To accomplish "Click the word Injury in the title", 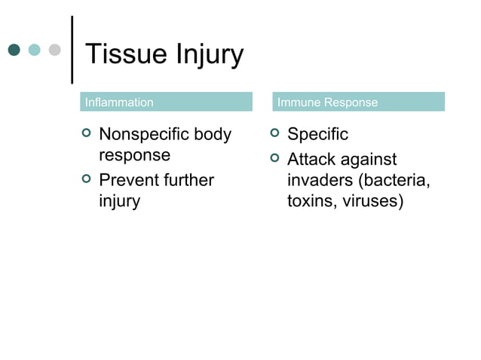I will click(208, 55).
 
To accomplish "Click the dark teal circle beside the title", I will click(14, 50).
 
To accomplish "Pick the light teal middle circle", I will click(34, 50).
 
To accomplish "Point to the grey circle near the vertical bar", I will click(54, 50).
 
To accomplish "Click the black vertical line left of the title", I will click(72, 49).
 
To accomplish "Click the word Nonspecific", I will click(144, 135).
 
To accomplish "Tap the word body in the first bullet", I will click(213, 135).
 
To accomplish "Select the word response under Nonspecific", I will click(135, 156).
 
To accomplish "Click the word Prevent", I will click(131, 180).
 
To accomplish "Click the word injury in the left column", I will click(120, 202).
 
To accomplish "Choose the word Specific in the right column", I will click(318, 135).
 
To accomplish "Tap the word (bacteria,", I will click(393, 181).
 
